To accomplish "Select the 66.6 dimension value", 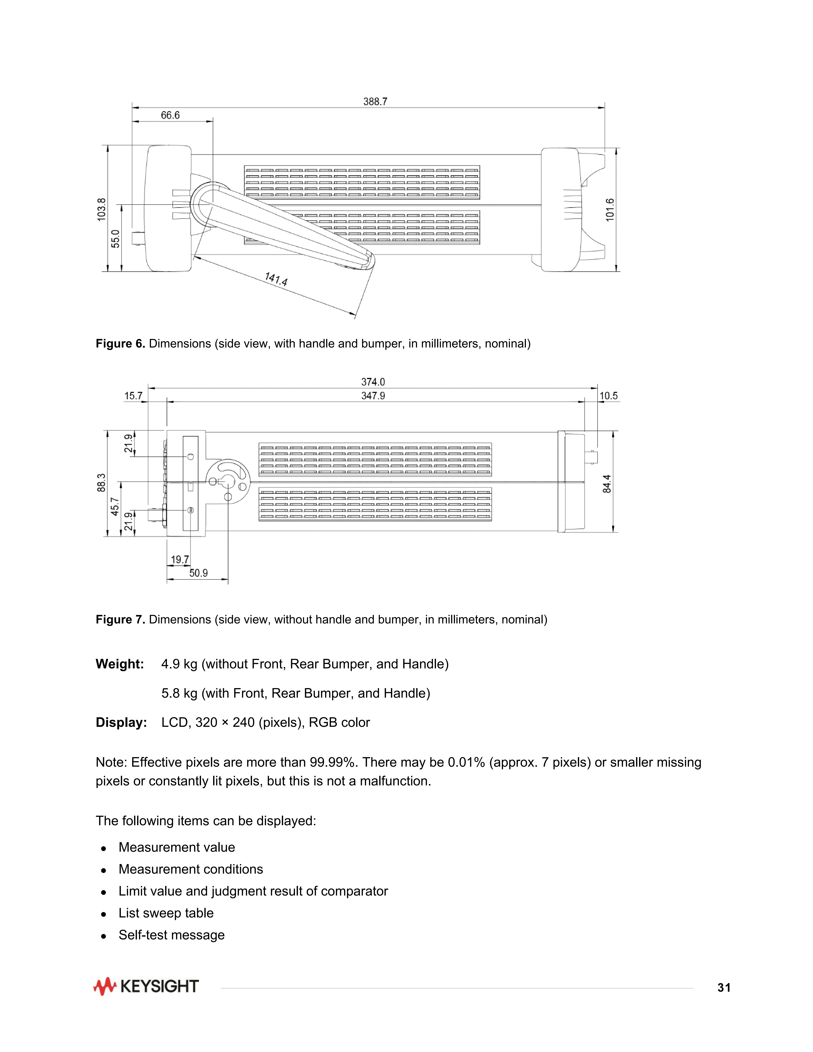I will [x=170, y=115].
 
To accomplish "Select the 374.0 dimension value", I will [x=373, y=382].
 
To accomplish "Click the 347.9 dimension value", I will [x=373, y=396].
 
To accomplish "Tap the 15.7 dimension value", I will [x=133, y=396].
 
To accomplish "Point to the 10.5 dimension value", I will [x=608, y=396].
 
